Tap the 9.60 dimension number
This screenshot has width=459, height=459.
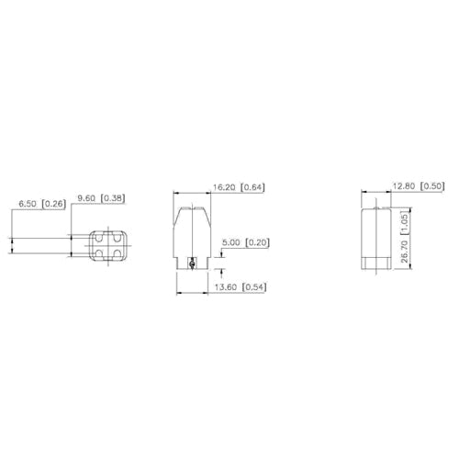(x=87, y=197)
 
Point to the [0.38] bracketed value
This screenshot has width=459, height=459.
(x=115, y=197)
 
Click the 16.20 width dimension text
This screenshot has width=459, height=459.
(x=224, y=187)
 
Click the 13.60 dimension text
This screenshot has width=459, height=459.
(x=225, y=287)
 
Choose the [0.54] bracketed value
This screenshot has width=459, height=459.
(x=254, y=287)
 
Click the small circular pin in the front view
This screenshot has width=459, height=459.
(x=190, y=264)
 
